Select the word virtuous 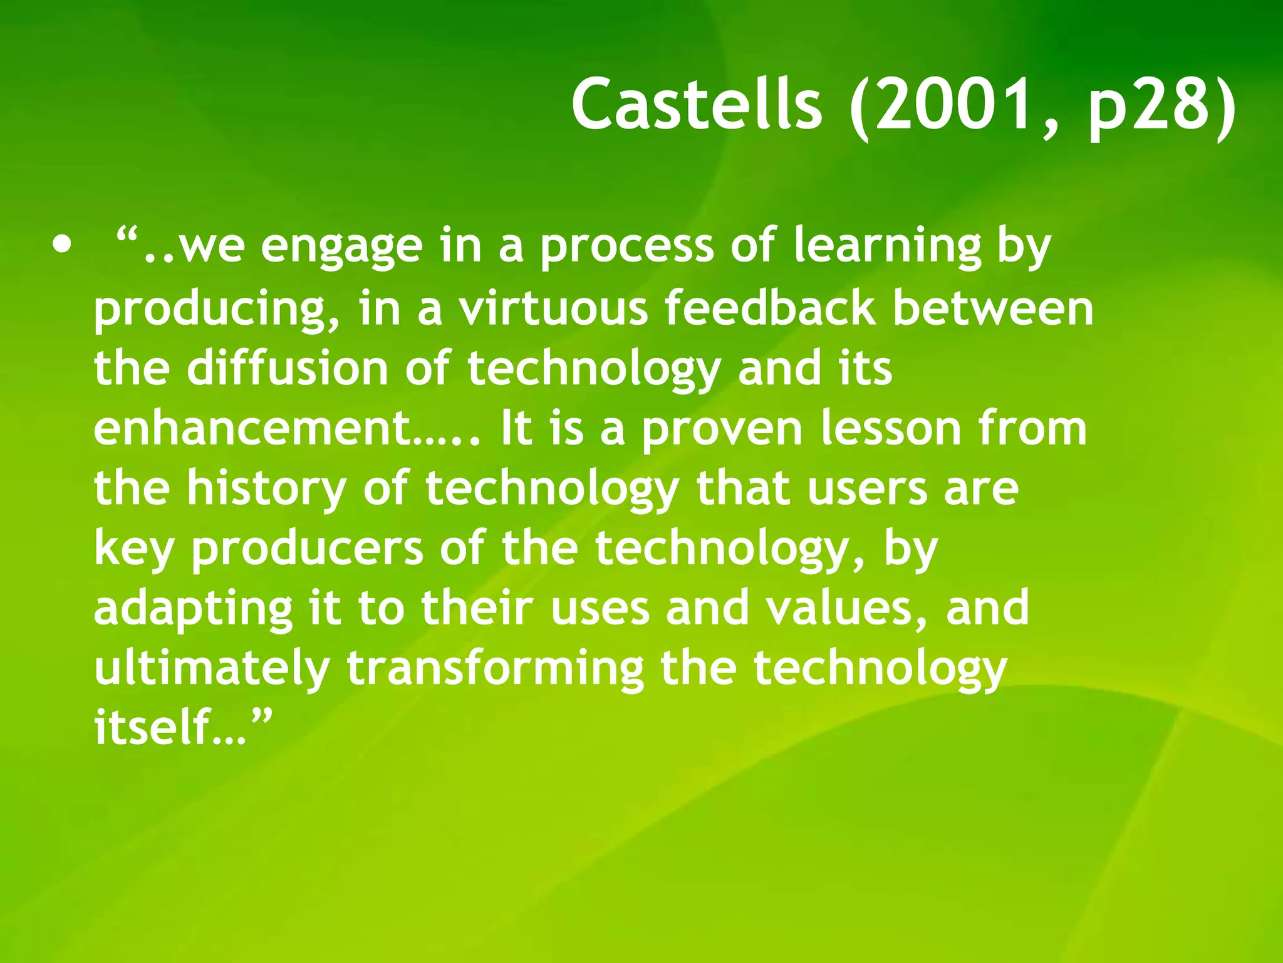click(x=554, y=308)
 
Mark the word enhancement click(x=251, y=429)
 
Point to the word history click(x=267, y=489)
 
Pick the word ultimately click(x=212, y=669)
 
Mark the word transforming click(x=495, y=669)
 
